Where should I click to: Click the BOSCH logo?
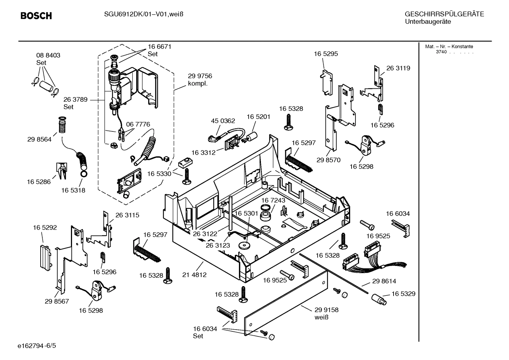[x=36, y=16]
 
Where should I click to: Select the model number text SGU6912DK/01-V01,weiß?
[x=143, y=14]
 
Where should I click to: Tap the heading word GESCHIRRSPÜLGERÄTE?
[x=444, y=14]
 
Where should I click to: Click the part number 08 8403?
[x=48, y=55]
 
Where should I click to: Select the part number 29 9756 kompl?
[x=200, y=79]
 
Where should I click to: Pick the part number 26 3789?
[x=75, y=100]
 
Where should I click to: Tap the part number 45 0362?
[x=223, y=121]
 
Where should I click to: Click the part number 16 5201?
[x=258, y=117]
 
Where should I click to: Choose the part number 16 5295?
[x=326, y=54]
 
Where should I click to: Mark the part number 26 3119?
[x=398, y=68]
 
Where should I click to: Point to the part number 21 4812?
[x=194, y=275]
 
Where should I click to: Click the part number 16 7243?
[x=273, y=200]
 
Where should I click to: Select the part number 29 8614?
[x=384, y=281]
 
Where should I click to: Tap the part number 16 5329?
[x=403, y=294]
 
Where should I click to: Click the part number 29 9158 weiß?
[x=327, y=313]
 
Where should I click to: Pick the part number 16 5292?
[x=45, y=228]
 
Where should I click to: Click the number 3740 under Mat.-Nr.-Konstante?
[x=441, y=52]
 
